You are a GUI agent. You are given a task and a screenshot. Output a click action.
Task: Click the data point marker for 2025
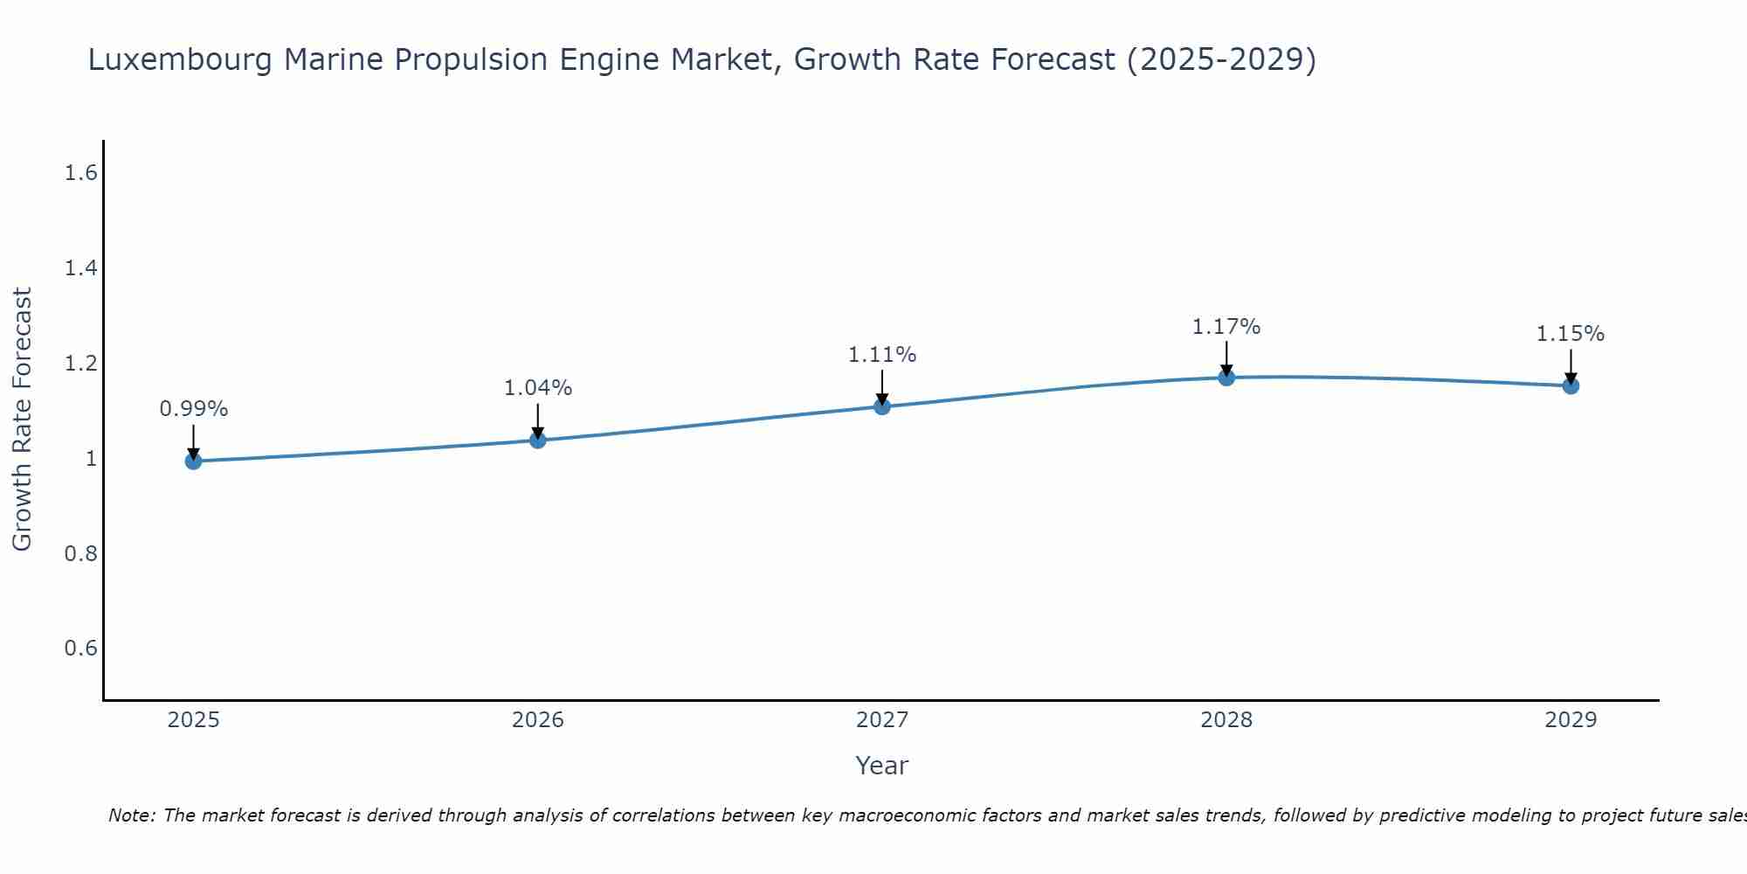click(193, 461)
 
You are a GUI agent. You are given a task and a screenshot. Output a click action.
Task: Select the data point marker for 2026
click(538, 440)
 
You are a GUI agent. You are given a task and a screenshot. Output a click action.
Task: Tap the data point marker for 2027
click(882, 406)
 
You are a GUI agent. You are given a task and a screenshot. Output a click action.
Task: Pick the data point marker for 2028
click(1226, 378)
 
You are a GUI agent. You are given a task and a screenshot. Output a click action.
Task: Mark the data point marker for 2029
click(1571, 385)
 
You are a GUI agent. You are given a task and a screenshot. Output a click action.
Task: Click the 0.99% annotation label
click(193, 409)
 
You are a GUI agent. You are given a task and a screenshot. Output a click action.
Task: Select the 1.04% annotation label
click(538, 388)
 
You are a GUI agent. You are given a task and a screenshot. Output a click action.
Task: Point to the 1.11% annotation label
click(882, 355)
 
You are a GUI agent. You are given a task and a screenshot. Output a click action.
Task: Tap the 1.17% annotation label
click(1226, 327)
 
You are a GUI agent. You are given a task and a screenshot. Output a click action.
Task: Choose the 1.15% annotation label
click(1571, 334)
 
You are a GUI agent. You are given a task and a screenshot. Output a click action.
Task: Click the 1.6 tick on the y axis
click(80, 173)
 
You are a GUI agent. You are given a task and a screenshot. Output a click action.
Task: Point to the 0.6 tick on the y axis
click(80, 649)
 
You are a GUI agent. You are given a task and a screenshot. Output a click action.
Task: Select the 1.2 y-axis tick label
click(80, 364)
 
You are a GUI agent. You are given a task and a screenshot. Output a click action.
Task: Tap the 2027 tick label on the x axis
click(882, 720)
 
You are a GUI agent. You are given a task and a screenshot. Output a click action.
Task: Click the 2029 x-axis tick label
click(1571, 720)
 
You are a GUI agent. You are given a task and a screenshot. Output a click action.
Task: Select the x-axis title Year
click(882, 766)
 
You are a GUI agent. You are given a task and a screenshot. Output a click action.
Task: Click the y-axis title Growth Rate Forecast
click(22, 420)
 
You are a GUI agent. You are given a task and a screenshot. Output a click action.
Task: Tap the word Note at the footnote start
click(131, 815)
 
